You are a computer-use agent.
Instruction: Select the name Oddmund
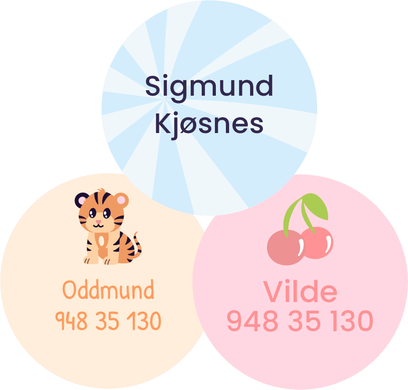pyautogui.click(x=108, y=289)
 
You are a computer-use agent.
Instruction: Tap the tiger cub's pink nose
pyautogui.click(x=99, y=222)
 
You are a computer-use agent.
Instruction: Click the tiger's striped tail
pyautogui.click(x=135, y=247)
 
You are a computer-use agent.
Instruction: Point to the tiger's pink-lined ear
pyautogui.click(x=121, y=200)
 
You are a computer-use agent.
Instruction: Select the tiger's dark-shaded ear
pyautogui.click(x=81, y=200)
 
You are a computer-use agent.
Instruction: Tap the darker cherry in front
pyautogui.click(x=286, y=247)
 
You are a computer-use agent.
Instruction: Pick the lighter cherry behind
pyautogui.click(x=318, y=243)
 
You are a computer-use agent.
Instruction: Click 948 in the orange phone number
pyautogui.click(x=71, y=321)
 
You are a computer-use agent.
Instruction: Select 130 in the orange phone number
pyautogui.click(x=144, y=321)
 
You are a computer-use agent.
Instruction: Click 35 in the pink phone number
pyautogui.click(x=304, y=321)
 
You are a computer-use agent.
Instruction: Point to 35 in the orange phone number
pyautogui.click(x=107, y=321)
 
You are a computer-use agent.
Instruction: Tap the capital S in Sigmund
pyautogui.click(x=153, y=86)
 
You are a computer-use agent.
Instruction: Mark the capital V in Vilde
pyautogui.click(x=273, y=291)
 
